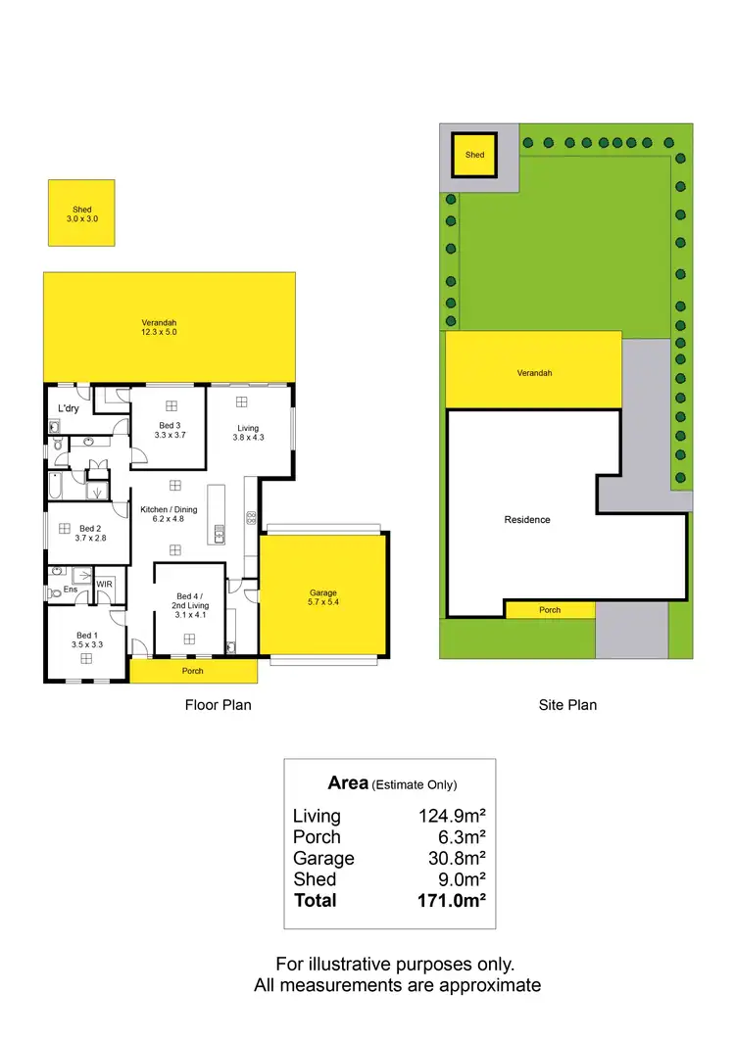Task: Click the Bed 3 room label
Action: point(170,425)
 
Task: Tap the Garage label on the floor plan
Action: point(323,592)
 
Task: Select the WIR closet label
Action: point(105,584)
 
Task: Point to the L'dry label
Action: point(69,408)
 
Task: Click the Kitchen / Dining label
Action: point(170,509)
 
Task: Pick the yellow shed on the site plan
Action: point(474,155)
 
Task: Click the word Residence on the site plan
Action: point(527,519)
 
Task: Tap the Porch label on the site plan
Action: point(550,610)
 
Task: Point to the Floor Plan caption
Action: point(219,704)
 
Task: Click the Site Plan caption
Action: point(567,704)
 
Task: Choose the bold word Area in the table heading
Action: point(348,782)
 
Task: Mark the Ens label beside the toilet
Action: point(71,590)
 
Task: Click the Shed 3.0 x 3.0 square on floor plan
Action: point(81,213)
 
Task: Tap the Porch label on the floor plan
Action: point(193,672)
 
